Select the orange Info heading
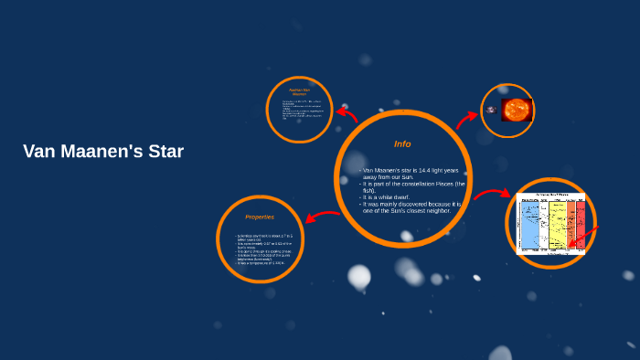(x=402, y=144)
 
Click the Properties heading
(x=260, y=217)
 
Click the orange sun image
(x=515, y=111)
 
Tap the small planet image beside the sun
(x=491, y=111)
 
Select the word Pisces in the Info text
(x=443, y=184)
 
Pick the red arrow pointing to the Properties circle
(x=321, y=217)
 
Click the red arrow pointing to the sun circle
(x=467, y=117)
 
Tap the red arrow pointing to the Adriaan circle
(x=347, y=115)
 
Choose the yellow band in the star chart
(x=557, y=225)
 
